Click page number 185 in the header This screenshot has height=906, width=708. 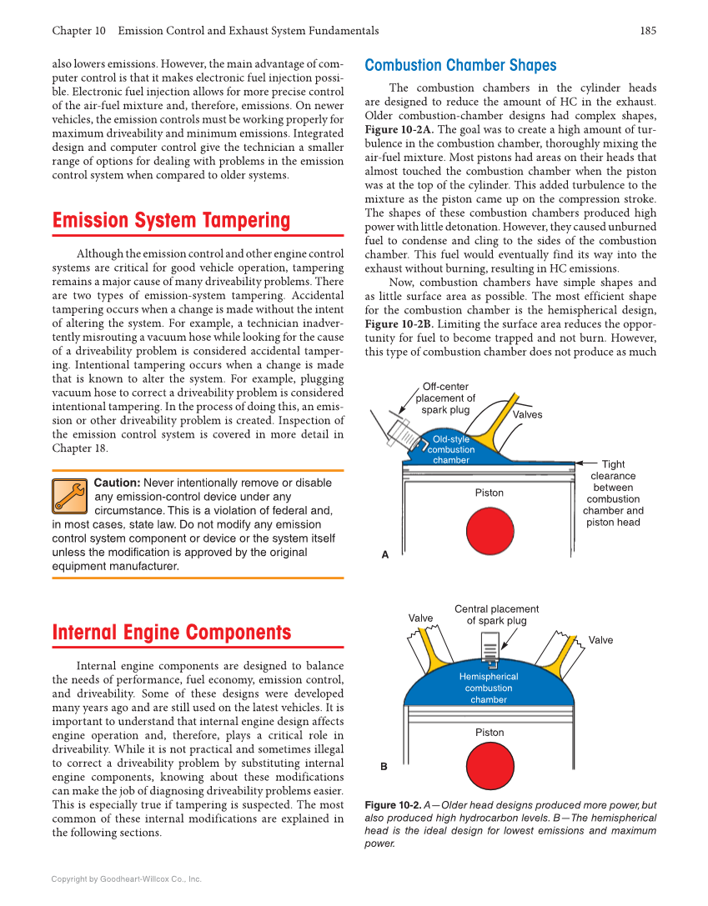648,31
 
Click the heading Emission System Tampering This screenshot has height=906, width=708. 171,221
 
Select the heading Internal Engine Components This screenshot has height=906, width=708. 172,633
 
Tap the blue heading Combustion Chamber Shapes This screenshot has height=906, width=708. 460,66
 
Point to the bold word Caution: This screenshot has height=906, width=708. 117,483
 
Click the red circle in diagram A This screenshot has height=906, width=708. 490,531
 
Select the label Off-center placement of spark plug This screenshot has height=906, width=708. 445,398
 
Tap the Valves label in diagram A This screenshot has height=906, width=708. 527,414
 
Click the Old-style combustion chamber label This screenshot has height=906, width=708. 451,449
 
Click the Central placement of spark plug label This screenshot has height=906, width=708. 496,614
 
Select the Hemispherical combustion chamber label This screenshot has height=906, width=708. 489,688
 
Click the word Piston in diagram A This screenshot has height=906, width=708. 490,493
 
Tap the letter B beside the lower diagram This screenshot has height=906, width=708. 384,766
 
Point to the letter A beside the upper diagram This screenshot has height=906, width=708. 384,554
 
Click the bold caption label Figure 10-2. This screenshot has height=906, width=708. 392,805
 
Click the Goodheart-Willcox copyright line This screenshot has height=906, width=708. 126,878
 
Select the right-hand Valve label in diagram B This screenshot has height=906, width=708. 600,640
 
